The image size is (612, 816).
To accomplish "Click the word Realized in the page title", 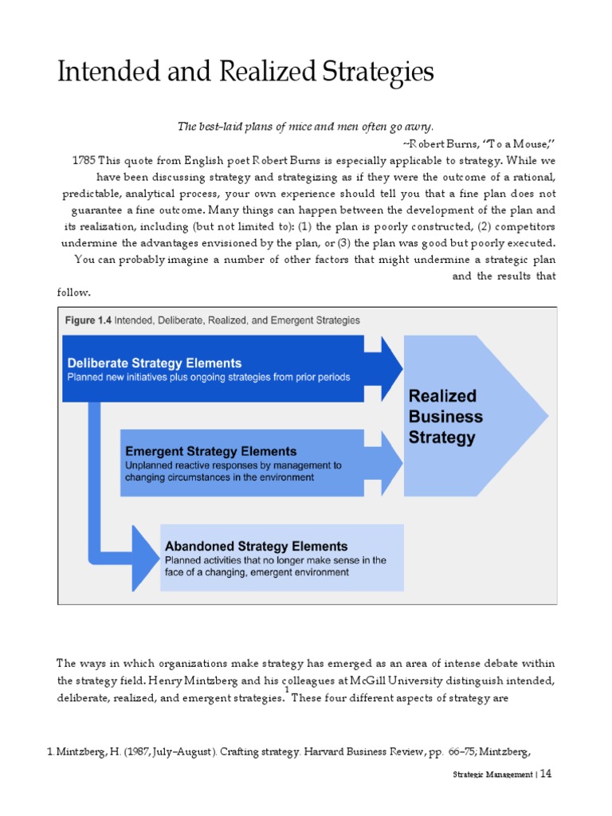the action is click(260, 73).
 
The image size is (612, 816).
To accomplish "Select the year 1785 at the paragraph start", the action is click(84, 159).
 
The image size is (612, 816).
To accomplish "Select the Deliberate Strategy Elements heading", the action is click(154, 364).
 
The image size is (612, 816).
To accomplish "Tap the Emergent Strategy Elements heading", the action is click(210, 451).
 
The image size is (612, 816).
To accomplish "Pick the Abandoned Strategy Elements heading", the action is click(256, 547).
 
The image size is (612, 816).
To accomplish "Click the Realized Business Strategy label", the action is click(445, 417).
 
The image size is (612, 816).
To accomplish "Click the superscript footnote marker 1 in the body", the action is click(287, 689).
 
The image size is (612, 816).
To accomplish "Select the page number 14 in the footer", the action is click(546, 774).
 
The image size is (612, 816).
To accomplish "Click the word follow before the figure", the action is click(73, 292).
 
